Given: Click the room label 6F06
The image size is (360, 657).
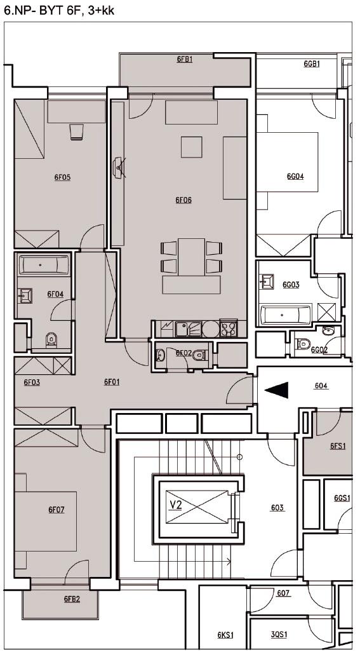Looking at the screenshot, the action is pos(183,200).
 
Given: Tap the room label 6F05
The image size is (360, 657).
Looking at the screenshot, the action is pos(62,177).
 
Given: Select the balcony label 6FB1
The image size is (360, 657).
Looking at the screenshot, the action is pos(185,60).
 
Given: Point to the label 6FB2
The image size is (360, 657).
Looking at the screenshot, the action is pos(72,599).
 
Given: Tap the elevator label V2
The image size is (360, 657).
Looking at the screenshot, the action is pos(176,505).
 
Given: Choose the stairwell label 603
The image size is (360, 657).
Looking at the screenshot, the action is pos(277,508).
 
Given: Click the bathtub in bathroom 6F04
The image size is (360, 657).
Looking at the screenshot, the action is pos(44,265).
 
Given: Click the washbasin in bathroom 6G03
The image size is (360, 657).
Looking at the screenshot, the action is pos(267,281).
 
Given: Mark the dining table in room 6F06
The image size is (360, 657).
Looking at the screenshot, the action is pos(191,257).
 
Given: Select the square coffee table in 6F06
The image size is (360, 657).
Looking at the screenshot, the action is pos(192,147).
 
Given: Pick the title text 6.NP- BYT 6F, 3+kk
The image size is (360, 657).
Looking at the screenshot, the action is pos(58,11).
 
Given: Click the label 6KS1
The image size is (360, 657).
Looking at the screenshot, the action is pos(225,635).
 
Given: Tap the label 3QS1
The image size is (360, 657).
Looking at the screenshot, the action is pos(279,634).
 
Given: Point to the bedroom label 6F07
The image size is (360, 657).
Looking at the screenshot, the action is pos(57,510).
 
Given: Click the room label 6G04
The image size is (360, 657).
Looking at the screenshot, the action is pos(295,177).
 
